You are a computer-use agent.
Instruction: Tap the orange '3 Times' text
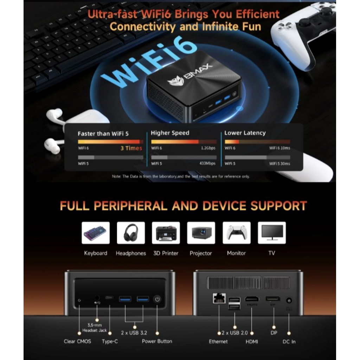131,148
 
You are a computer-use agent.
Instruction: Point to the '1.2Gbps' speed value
208,148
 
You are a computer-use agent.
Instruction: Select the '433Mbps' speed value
207,163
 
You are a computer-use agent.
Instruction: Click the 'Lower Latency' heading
245,133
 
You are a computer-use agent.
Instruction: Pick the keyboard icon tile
96,233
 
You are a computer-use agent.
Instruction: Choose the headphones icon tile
131,233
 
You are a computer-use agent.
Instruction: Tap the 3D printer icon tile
166,233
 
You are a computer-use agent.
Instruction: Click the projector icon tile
201,233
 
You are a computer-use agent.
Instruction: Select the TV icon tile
272,233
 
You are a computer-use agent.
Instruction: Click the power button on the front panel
157,300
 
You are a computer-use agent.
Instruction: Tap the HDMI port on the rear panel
252,299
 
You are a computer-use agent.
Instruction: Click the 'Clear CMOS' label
77,341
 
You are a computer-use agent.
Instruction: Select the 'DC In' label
289,341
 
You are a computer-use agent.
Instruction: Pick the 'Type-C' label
110,341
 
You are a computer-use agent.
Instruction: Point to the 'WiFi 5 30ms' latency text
279,163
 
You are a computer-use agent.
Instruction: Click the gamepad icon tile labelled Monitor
237,233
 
